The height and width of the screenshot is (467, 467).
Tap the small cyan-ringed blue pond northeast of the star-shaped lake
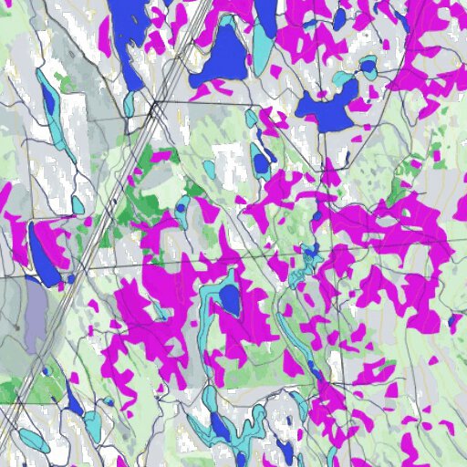tap(368, 67)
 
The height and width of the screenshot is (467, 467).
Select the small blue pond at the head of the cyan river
tap(309, 251)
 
